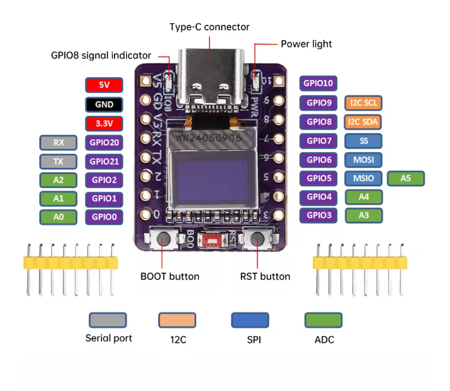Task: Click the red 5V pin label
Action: click(x=103, y=84)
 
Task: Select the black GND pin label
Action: click(x=103, y=104)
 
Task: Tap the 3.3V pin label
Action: click(x=103, y=124)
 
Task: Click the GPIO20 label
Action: click(x=104, y=142)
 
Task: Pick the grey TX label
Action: click(x=59, y=162)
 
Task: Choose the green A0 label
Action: click(x=59, y=218)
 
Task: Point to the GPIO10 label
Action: click(x=319, y=83)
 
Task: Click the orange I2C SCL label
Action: click(x=364, y=102)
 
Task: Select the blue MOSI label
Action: click(x=364, y=160)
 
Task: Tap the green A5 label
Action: click(x=406, y=178)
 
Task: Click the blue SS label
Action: click(x=364, y=140)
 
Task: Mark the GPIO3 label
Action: click(x=319, y=216)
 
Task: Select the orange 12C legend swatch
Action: click(x=177, y=319)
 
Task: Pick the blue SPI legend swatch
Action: click(x=250, y=319)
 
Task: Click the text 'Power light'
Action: click(x=306, y=44)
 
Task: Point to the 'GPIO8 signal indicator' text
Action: click(x=101, y=55)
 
